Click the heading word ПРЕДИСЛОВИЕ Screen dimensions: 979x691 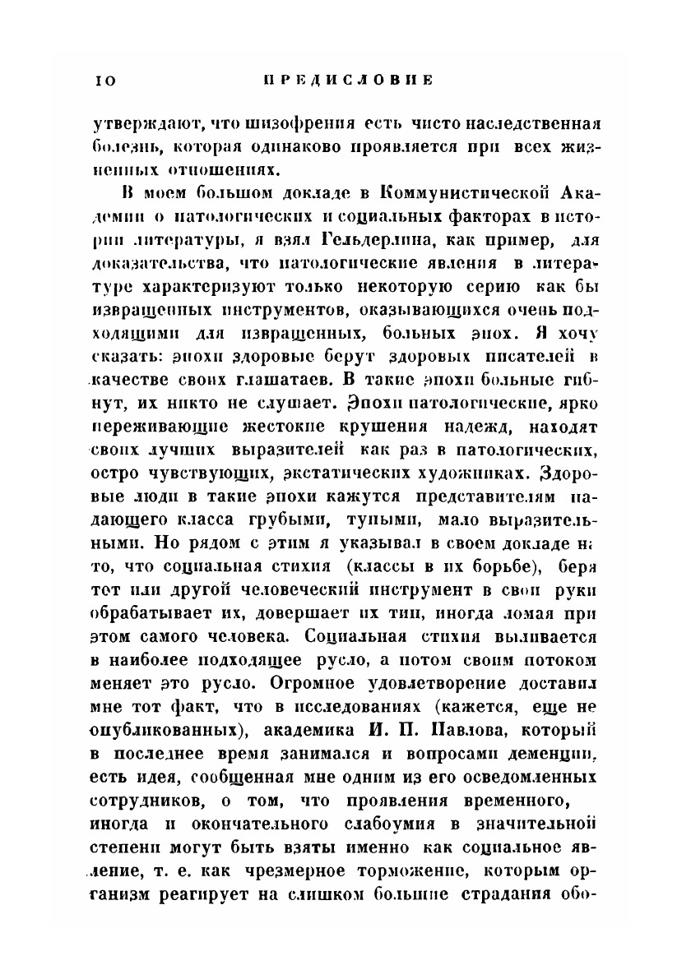coord(346,81)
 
